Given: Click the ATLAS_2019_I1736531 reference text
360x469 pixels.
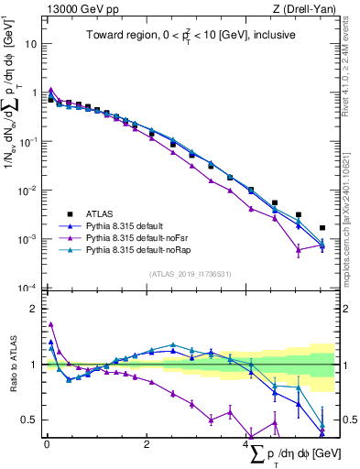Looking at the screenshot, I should point(190,274).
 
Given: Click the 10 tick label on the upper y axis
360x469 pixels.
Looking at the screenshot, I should point(30,43).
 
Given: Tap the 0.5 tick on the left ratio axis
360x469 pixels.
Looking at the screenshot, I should point(31,420).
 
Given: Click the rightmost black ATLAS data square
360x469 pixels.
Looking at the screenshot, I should point(322,228).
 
